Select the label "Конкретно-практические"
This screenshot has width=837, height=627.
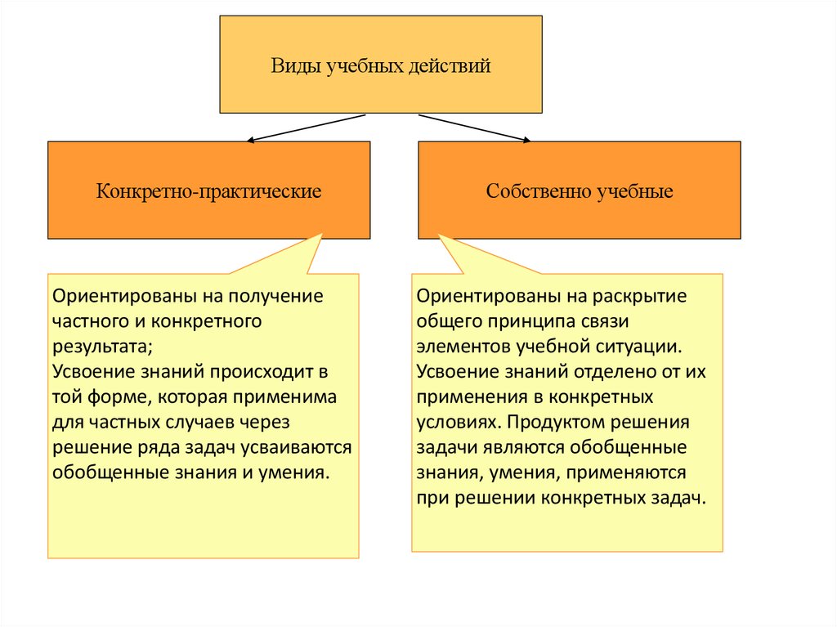209,192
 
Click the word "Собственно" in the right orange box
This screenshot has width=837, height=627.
534,192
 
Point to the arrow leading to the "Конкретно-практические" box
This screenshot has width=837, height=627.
306,128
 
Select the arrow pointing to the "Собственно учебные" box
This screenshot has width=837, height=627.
474,128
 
